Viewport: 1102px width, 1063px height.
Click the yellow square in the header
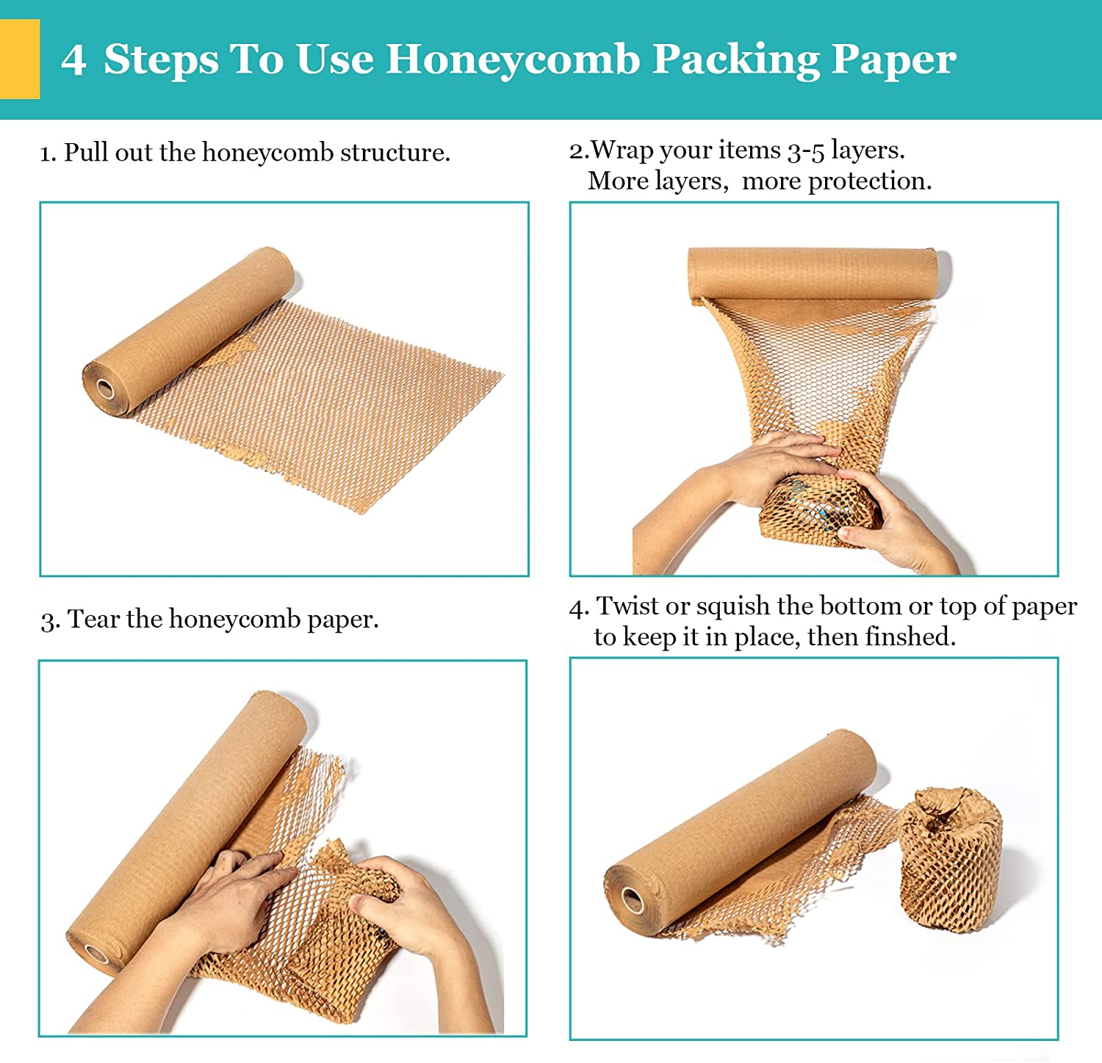coord(19,59)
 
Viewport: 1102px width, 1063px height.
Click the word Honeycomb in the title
coord(512,59)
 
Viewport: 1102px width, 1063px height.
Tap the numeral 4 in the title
coord(73,59)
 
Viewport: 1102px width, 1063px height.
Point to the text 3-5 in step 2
coord(805,150)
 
